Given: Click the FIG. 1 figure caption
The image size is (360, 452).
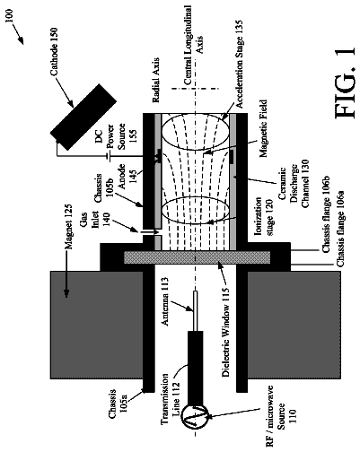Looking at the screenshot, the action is [344, 83].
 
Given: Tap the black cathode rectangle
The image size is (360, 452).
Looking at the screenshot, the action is [83, 117].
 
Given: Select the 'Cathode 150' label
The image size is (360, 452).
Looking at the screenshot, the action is [54, 52].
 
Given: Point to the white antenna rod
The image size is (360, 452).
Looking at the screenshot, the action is [195, 311].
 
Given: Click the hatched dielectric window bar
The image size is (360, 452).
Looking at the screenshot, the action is [198, 257].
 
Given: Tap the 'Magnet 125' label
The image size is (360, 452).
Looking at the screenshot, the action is [68, 227].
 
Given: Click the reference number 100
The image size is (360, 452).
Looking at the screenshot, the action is [9, 16].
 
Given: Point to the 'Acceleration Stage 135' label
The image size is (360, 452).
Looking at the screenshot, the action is [239, 65].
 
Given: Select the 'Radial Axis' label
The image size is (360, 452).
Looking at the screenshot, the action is [155, 80].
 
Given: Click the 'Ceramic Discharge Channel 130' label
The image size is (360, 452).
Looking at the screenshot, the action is [294, 184].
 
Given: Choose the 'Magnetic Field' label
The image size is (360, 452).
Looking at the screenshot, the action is [263, 128].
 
